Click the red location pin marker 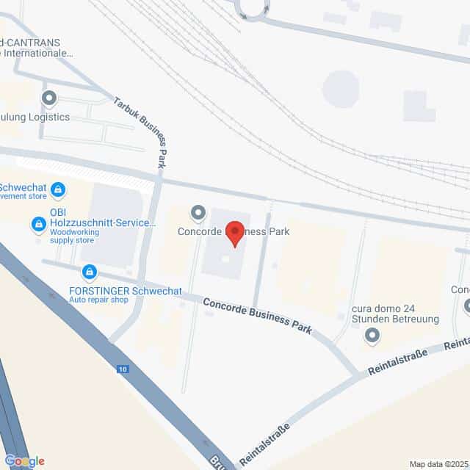[235, 233]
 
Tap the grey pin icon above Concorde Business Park [198, 214]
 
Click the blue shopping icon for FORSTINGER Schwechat [90, 273]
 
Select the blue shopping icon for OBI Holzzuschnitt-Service [37, 222]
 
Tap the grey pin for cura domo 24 [372, 336]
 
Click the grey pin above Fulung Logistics [49, 97]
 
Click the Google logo [24, 460]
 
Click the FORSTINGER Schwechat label [125, 291]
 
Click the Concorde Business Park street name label [257, 315]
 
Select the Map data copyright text [438, 463]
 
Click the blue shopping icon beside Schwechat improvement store [57, 191]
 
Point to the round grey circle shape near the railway [340, 89]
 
